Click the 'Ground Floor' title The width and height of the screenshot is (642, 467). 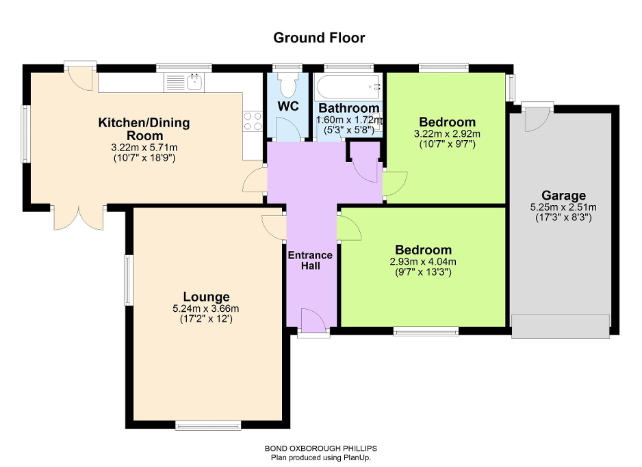[x=319, y=38]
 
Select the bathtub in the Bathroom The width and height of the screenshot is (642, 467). [x=347, y=87]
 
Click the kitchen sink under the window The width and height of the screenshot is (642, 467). [x=184, y=83]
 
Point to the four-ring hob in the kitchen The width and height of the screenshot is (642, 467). [x=253, y=121]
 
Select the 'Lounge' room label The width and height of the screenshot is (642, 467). [x=211, y=297]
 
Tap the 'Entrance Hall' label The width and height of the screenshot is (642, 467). [x=310, y=261]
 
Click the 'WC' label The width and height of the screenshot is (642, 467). [x=288, y=107]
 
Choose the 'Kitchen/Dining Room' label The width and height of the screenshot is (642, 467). [x=144, y=129]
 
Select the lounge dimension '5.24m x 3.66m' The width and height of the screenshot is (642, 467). [x=211, y=308]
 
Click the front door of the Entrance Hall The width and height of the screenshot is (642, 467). [x=313, y=323]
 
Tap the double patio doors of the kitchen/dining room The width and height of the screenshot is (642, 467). [x=79, y=217]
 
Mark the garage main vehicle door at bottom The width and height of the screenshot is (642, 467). [x=560, y=326]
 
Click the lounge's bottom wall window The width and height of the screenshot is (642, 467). [x=208, y=425]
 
